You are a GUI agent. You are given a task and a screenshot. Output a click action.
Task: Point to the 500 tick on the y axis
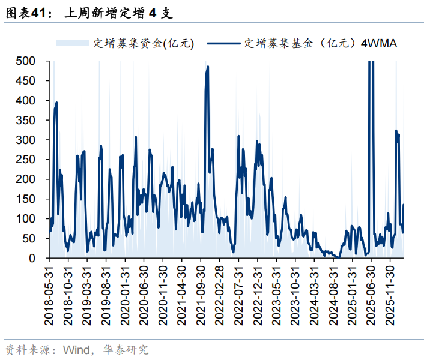pos(27,61)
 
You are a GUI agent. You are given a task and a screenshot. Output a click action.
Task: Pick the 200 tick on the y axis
pos(27,179)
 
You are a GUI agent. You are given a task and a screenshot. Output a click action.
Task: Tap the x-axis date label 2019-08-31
pos(106,294)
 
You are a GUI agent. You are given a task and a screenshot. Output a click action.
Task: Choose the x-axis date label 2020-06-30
pos(144,294)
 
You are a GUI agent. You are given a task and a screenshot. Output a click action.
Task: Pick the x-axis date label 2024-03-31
pos(313,294)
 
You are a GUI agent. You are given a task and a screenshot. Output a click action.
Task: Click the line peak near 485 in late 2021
pos(208,67)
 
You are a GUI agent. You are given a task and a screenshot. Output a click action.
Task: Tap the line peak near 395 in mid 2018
pos(56,103)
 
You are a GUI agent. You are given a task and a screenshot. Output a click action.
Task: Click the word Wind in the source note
pos(77,349)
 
